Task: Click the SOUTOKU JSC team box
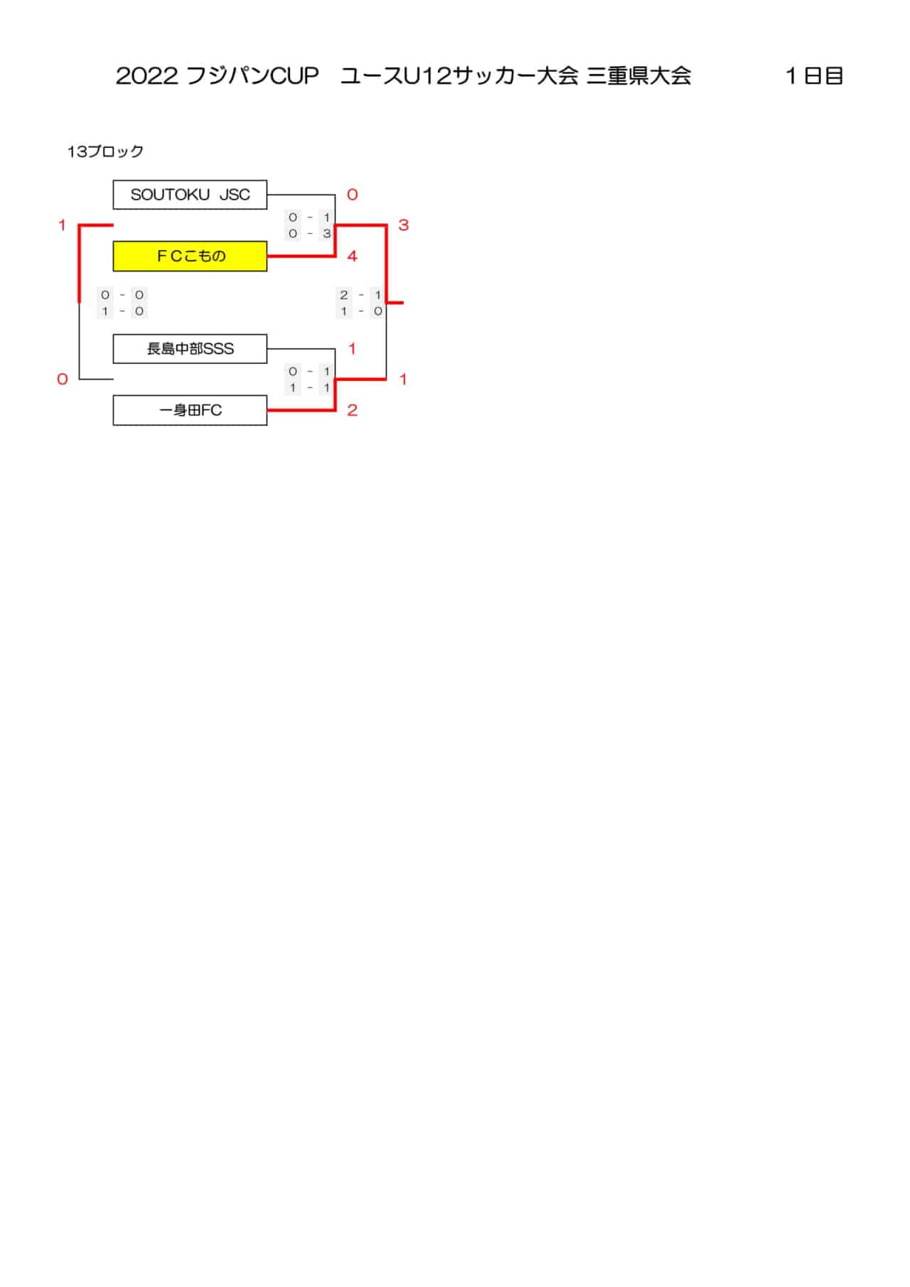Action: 190,195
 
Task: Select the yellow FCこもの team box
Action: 190,257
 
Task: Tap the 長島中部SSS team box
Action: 190,349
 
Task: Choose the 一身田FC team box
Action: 190,411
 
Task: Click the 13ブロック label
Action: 105,151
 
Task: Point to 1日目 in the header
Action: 814,76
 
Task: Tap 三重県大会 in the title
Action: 639,76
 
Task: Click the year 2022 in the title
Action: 146,76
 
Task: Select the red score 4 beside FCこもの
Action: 352,257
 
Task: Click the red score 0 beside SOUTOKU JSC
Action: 352,195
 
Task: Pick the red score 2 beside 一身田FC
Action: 352,411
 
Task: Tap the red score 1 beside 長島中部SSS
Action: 352,349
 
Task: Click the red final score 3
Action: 403,225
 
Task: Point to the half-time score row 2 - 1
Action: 361,295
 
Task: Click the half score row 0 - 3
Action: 310,233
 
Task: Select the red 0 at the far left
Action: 63,379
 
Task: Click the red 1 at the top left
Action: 63,225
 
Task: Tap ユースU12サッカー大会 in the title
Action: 459,76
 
